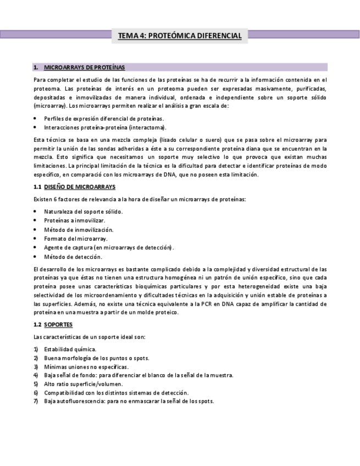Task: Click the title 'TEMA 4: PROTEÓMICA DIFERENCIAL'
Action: [180, 36]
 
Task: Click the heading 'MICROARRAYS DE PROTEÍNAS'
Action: [84, 68]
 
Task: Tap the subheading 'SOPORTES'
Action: [58, 324]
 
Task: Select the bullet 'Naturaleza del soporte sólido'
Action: [83, 212]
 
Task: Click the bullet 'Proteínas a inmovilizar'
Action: [74, 220]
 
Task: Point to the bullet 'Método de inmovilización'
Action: [79, 230]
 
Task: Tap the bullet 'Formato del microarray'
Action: [76, 238]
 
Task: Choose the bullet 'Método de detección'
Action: [73, 257]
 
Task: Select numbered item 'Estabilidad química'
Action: [70, 349]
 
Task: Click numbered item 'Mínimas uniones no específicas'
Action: [86, 367]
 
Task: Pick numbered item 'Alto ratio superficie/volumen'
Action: [83, 384]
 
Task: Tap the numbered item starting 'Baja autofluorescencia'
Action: [129, 401]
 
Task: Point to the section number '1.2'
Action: [37, 324]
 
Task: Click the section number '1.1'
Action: [37, 187]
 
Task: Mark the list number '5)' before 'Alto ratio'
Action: [36, 384]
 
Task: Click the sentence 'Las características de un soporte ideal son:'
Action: [89, 337]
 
